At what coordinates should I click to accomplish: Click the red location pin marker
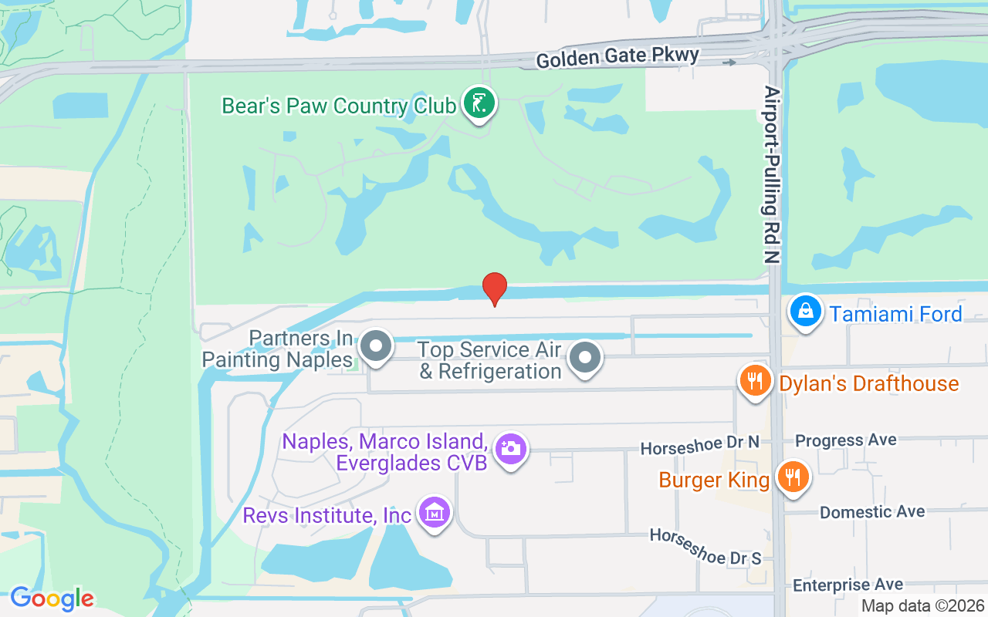click(x=494, y=288)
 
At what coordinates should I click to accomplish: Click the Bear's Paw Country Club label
click(x=338, y=105)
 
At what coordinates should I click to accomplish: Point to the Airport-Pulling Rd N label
click(x=773, y=174)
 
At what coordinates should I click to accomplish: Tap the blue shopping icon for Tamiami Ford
click(x=805, y=312)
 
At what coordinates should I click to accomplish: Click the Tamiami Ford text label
click(x=895, y=314)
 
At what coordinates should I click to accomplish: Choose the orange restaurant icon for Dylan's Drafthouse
click(x=755, y=380)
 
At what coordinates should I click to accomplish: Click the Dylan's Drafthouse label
click(x=868, y=384)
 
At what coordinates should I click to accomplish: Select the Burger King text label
click(x=714, y=480)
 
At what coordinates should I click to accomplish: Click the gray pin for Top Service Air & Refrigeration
click(x=585, y=358)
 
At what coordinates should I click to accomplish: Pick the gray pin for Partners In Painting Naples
click(x=376, y=345)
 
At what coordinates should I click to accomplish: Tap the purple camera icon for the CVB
click(x=510, y=448)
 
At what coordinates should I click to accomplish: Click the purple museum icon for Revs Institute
click(x=434, y=512)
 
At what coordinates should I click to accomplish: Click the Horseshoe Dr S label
click(x=705, y=546)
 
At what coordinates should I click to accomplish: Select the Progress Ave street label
click(x=846, y=440)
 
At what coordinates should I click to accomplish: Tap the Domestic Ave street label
click(x=872, y=512)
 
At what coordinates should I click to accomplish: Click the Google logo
click(x=52, y=598)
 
